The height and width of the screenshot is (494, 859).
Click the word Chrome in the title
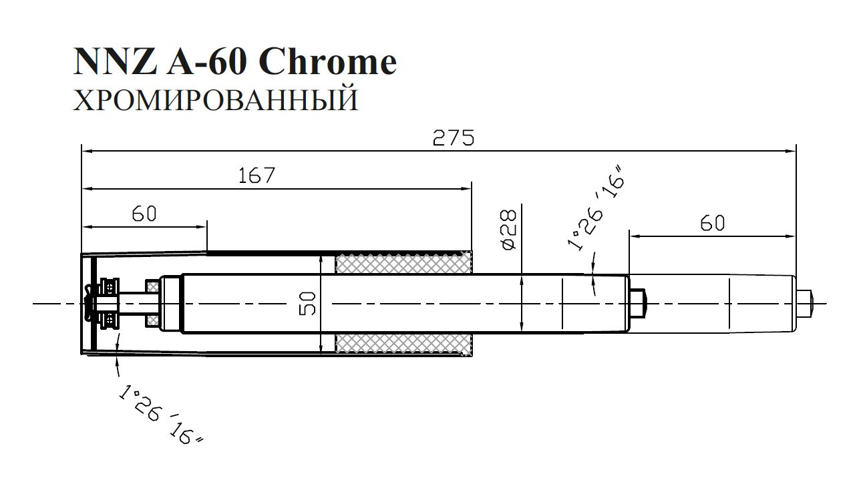point(328,61)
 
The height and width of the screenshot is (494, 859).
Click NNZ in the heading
point(115,61)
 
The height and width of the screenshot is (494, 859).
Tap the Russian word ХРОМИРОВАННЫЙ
point(216,100)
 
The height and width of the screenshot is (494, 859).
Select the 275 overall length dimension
point(454,138)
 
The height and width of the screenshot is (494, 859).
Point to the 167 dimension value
point(256,176)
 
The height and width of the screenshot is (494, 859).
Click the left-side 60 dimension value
point(144,214)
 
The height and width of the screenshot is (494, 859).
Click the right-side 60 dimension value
point(713,223)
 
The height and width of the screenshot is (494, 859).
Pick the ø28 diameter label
point(509,230)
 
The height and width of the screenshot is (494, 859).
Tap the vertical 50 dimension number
point(307,304)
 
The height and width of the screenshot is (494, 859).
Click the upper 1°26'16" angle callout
point(596,209)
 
